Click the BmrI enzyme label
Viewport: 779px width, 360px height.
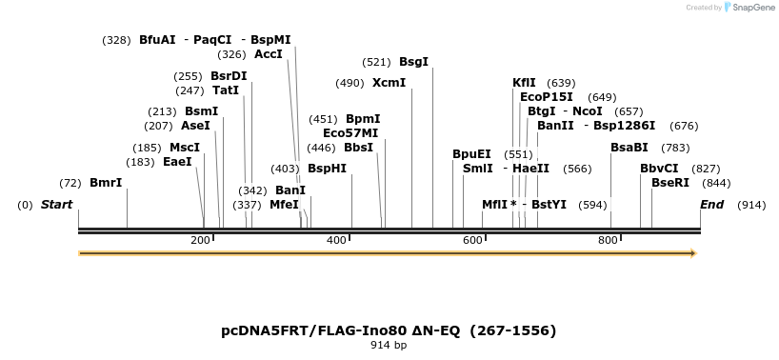(x=106, y=183)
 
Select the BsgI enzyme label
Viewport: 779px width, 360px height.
(x=413, y=62)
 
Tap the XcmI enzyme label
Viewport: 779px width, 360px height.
(x=389, y=83)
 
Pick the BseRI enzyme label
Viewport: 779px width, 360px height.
(x=670, y=183)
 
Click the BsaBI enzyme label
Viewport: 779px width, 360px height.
(x=629, y=148)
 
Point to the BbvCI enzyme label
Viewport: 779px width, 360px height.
(x=659, y=169)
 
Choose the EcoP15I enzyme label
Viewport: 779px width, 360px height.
(x=547, y=97)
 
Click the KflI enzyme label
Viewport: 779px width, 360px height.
(x=524, y=83)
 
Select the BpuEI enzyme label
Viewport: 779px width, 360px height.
(x=471, y=154)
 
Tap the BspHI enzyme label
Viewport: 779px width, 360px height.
(x=327, y=169)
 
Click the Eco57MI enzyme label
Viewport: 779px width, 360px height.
(x=350, y=133)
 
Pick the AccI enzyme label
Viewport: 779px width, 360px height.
(x=269, y=54)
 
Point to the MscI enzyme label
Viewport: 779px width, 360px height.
(x=185, y=148)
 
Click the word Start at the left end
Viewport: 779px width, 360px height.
(x=56, y=205)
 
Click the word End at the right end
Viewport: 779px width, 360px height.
(x=711, y=205)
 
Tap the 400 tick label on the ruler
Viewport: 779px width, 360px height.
(x=336, y=240)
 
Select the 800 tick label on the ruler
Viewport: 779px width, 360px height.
(x=608, y=240)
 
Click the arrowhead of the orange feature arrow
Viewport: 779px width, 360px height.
(x=693, y=253)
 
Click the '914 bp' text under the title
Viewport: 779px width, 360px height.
(x=389, y=345)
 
